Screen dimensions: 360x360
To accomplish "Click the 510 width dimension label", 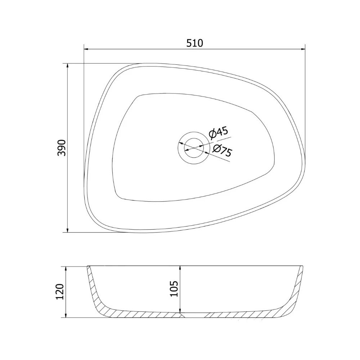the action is point(194,43).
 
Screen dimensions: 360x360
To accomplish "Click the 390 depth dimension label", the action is point(62,148).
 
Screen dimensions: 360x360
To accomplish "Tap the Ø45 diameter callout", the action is point(219,133).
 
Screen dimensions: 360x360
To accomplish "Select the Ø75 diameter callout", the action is point(222,151).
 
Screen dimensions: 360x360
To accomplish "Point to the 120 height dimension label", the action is point(60,292).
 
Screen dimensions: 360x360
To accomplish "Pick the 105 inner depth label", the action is point(174,289).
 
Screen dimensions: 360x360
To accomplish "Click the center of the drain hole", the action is point(194,148).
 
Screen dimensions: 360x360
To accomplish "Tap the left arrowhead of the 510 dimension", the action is point(86,49).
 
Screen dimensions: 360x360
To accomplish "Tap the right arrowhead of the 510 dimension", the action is point(302,49).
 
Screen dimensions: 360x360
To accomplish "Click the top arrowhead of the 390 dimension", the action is point(67,66).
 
